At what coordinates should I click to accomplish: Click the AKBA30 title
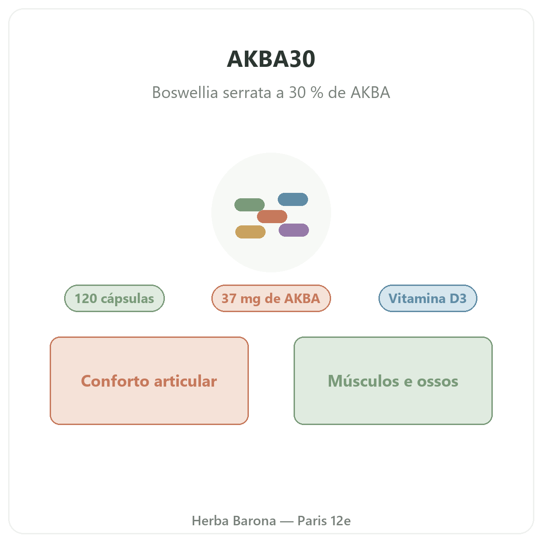click(271, 59)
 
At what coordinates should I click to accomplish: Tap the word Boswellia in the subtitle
click(185, 92)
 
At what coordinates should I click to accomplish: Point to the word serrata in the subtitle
click(248, 93)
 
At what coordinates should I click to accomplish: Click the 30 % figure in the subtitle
click(306, 92)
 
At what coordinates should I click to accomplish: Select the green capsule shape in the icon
click(249, 205)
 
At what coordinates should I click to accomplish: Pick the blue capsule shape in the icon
click(293, 199)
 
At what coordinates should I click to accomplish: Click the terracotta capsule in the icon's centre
click(272, 216)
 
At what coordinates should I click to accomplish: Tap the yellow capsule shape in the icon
click(250, 232)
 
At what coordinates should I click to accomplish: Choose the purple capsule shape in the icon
click(294, 230)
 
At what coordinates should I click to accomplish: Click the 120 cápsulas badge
click(114, 298)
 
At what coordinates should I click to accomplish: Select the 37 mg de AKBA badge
click(271, 298)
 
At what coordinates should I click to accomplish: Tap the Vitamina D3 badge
click(428, 298)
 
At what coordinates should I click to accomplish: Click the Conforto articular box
click(149, 381)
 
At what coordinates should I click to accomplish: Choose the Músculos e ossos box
click(393, 381)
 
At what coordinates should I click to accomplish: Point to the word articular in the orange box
click(185, 381)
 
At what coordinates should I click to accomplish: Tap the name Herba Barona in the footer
click(234, 521)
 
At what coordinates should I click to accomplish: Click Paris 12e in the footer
click(324, 521)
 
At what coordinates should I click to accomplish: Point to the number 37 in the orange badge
click(229, 299)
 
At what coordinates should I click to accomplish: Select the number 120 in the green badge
click(86, 299)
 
